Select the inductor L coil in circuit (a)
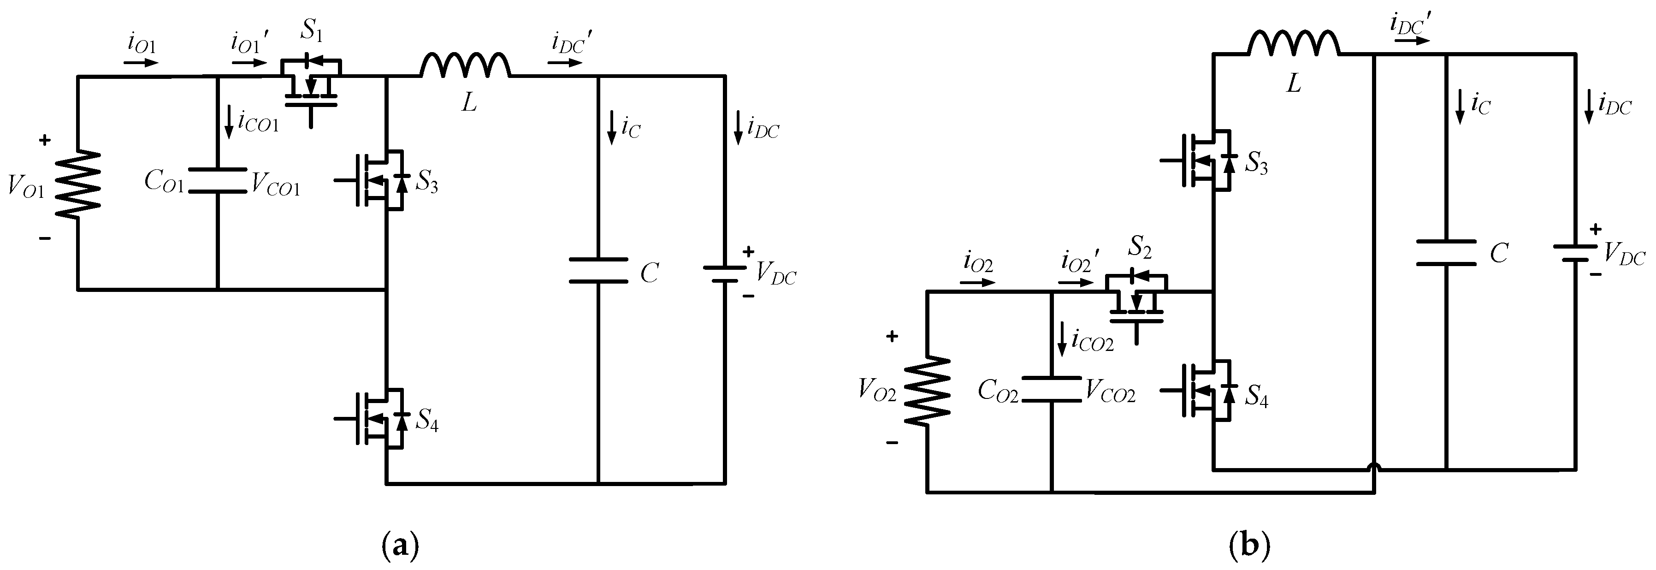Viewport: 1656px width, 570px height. [x=466, y=65]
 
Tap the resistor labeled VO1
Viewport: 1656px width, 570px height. [x=78, y=184]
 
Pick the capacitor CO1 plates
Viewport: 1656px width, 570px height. [x=218, y=181]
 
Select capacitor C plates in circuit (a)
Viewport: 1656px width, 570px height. [x=598, y=270]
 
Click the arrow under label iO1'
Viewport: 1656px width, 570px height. [x=249, y=63]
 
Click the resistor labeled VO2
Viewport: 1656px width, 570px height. [x=927, y=391]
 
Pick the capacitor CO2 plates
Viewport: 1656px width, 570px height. [x=1051, y=389]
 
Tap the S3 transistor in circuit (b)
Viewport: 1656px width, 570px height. [x=1206, y=160]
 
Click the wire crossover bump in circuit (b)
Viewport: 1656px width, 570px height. [x=1374, y=483]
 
